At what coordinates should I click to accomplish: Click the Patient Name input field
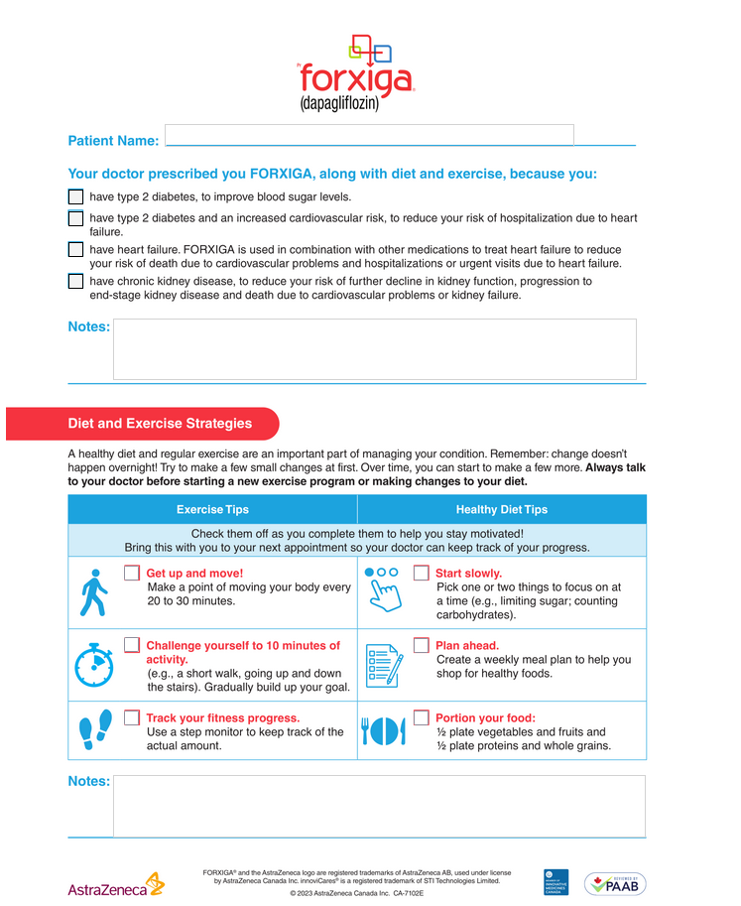pos(369,135)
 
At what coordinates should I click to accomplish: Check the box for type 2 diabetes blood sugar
pos(75,196)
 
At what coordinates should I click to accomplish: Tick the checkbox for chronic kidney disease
pos(75,281)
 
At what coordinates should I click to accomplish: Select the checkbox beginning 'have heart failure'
pos(75,250)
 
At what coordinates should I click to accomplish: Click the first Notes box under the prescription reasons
pos(374,348)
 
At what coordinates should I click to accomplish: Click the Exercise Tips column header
pos(212,509)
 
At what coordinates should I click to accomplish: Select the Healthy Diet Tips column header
pos(501,509)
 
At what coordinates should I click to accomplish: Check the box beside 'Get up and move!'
pos(132,574)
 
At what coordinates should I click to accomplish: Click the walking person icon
pos(91,592)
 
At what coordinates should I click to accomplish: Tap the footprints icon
pos(93,732)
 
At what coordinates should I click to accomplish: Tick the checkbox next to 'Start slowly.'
pos(422,574)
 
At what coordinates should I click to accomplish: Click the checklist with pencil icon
pos(383,665)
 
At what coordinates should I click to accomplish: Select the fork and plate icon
pos(383,732)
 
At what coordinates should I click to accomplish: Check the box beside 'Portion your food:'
pos(422,718)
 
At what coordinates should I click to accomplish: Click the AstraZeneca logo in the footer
pos(115,884)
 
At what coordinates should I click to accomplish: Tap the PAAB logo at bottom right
pos(614,883)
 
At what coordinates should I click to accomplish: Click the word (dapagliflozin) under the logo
pos(339,103)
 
